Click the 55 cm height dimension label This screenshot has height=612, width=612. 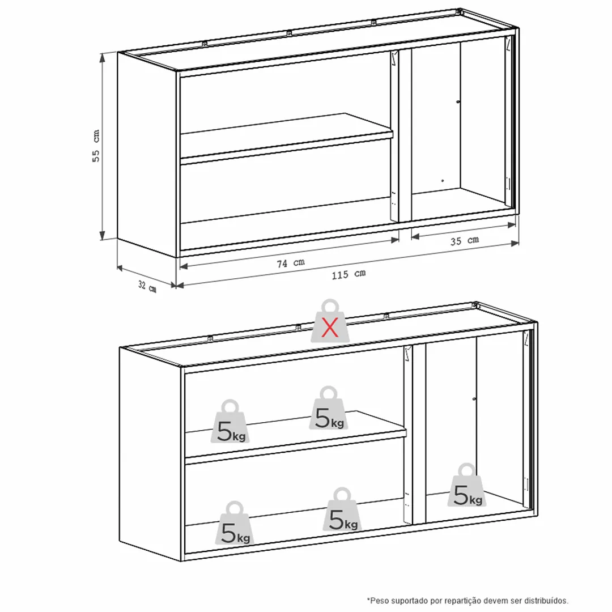(96, 146)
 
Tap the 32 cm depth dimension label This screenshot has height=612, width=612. (147, 287)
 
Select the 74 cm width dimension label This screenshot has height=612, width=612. (291, 263)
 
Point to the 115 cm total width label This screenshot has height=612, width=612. (348, 274)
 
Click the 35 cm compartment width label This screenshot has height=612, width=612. (465, 241)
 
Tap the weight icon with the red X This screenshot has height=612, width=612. (330, 321)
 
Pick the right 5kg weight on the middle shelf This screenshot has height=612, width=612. (329, 408)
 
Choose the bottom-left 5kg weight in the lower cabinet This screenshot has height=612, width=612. (235, 523)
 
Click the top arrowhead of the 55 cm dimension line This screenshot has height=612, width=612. (102, 58)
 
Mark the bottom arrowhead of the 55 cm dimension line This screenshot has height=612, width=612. (102, 235)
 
